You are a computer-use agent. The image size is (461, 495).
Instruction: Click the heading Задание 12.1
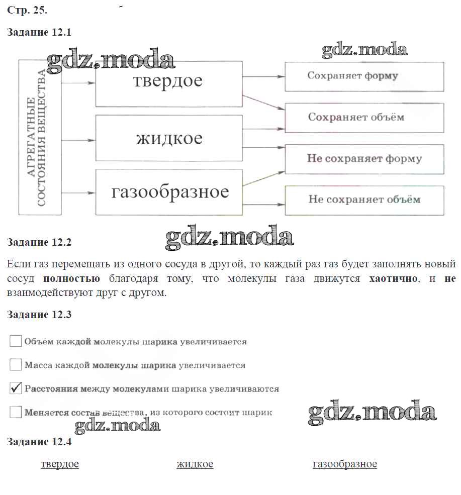click(40, 33)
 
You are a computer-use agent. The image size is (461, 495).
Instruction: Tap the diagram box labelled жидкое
click(168, 138)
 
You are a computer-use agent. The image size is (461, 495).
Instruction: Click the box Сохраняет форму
click(364, 76)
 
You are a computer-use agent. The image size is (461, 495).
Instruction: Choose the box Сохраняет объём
click(364, 118)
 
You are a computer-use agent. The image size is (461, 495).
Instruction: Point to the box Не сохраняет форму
click(364, 159)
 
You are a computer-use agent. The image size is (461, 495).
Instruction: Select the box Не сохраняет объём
click(364, 200)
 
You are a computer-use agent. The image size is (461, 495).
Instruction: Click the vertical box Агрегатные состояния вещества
click(40, 137)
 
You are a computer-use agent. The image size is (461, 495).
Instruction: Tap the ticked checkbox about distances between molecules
click(16, 388)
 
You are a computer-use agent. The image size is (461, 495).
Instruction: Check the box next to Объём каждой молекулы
click(16, 341)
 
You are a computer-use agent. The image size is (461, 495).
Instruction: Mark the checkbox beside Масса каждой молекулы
click(16, 365)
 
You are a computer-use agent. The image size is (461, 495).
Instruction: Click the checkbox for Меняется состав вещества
click(16, 413)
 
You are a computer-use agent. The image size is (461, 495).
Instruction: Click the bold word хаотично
click(393, 278)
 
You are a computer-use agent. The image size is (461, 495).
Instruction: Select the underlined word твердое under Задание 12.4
click(60, 464)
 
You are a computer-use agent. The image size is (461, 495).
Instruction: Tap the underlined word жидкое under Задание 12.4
click(195, 464)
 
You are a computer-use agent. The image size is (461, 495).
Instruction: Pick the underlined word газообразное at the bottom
click(344, 464)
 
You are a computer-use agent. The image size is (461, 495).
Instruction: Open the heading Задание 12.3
click(40, 315)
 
